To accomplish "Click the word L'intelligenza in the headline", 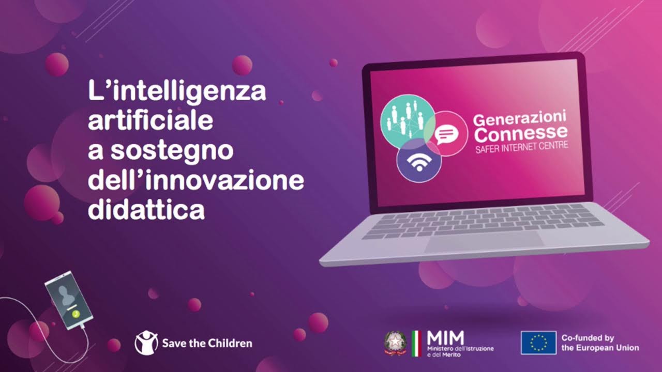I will point(177,92).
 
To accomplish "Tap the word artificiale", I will point(151,121).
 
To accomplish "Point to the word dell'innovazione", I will point(196,181).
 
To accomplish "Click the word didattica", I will point(146,210).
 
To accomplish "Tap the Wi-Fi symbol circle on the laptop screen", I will point(418,161).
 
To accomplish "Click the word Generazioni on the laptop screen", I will point(520,118).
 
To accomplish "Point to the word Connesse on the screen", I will point(521,134).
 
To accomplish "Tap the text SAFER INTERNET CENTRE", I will point(521,147).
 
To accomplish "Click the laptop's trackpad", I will point(485,241).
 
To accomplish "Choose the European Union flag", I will point(538,343).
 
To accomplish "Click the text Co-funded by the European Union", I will point(600,343).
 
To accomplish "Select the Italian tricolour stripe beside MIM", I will point(416,343).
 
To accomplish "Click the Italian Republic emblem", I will point(395,343).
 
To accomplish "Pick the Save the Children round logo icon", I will point(146,343).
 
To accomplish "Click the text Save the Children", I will point(207,343).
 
